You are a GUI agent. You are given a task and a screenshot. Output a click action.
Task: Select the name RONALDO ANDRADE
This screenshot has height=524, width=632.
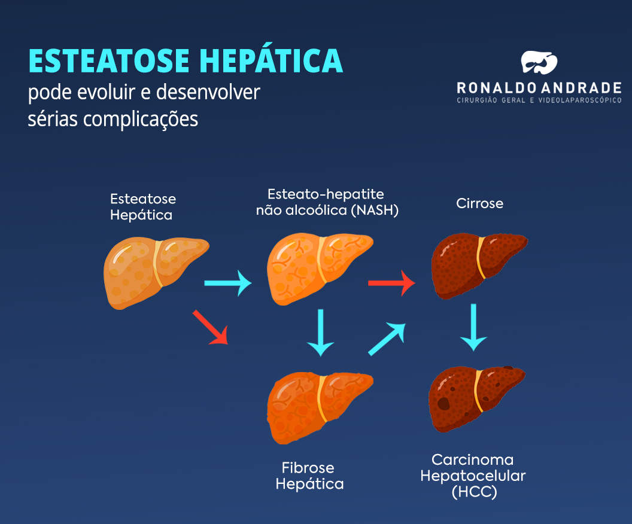(x=539, y=88)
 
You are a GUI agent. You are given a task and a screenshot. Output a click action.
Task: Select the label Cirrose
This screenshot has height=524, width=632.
(x=479, y=203)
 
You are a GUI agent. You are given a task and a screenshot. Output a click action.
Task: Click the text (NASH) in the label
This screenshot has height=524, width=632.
(x=375, y=211)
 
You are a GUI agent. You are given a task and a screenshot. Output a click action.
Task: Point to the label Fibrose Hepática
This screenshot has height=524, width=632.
(x=309, y=476)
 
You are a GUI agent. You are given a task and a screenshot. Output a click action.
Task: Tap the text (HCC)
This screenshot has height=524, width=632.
(x=475, y=492)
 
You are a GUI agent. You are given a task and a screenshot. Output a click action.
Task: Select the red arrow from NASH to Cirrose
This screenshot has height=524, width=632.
(x=391, y=282)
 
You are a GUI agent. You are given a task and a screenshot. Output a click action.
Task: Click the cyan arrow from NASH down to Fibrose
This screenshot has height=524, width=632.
(x=321, y=332)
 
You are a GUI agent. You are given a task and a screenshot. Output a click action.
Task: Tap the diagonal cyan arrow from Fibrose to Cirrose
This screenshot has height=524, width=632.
(x=387, y=339)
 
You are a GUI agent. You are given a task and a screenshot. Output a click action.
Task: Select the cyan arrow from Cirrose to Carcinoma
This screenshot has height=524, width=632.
(x=473, y=327)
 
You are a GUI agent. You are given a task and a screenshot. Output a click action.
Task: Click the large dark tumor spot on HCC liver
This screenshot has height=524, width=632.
(x=443, y=403)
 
